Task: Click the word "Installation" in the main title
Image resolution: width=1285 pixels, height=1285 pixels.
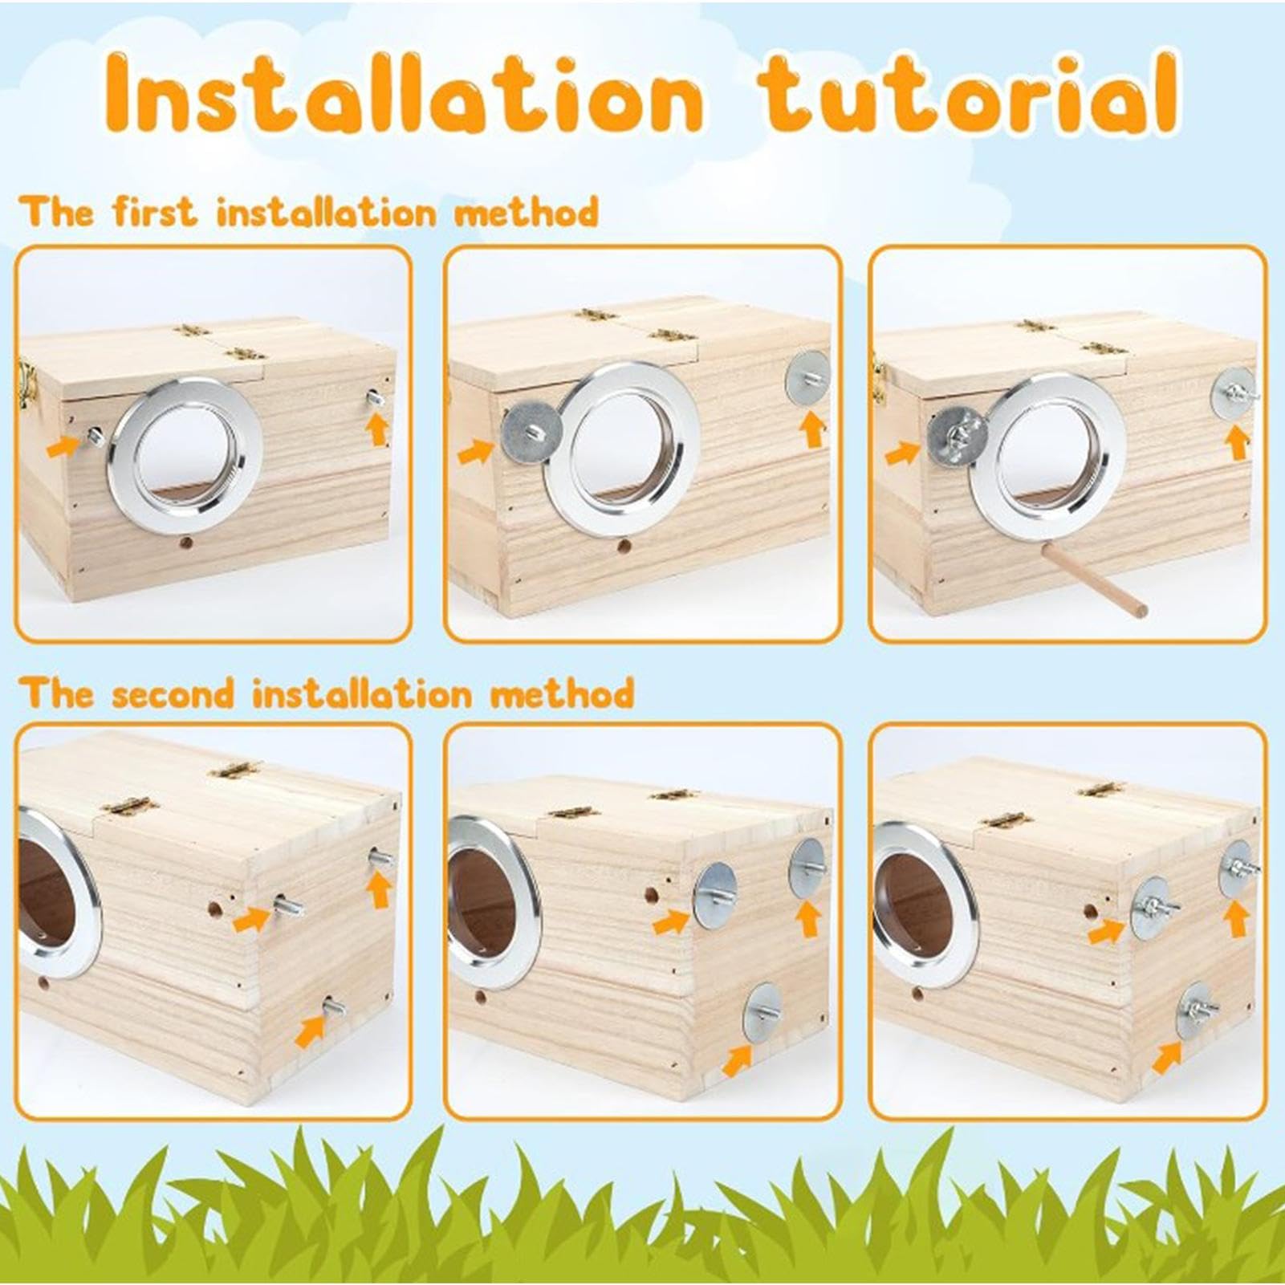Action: [x=405, y=93]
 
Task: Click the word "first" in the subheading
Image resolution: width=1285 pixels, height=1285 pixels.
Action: [x=153, y=213]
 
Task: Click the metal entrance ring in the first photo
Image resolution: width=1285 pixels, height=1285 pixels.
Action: [x=185, y=455]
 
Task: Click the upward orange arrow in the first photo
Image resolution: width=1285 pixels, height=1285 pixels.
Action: [x=378, y=429]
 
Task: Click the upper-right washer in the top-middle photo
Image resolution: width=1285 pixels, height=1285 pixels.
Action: [x=807, y=378]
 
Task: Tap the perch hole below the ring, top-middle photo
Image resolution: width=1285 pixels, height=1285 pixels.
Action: [x=623, y=548]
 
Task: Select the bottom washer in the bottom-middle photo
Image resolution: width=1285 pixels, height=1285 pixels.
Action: [x=763, y=1014]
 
